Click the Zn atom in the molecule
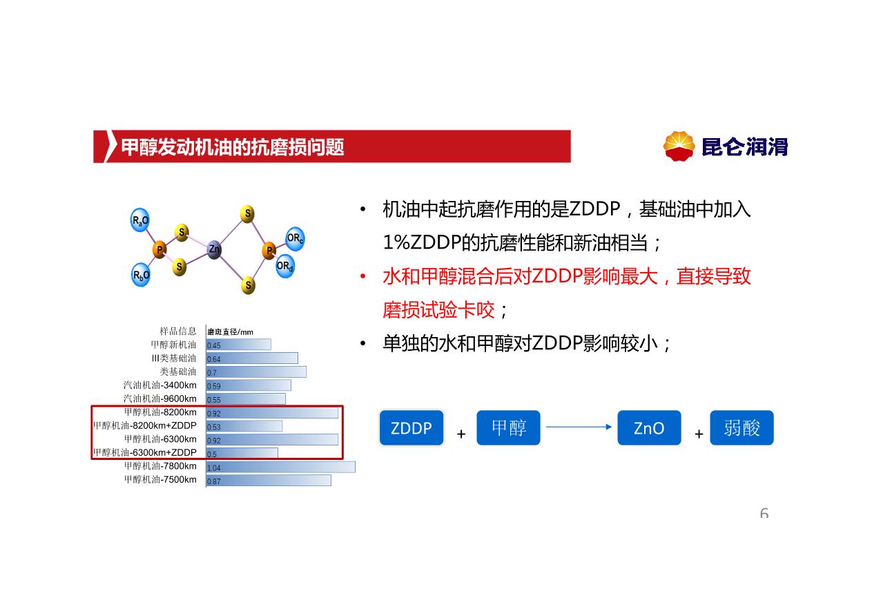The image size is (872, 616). pos(214,249)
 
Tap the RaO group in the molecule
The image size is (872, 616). pos(140,220)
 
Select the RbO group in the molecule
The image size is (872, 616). pos(141,275)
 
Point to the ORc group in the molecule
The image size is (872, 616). pos(295,238)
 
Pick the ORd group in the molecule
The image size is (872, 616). pos(284,266)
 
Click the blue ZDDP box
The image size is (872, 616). pos(411,427)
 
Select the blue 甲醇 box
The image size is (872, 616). pos(508,427)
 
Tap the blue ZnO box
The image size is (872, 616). pos(649,427)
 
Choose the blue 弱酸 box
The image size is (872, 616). pos(742,427)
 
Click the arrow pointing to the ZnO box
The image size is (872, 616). pos(579,427)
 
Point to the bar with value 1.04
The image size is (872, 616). pos(281,467)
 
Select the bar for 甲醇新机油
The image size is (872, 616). pos(239,344)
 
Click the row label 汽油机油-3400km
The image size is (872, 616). pos(160,385)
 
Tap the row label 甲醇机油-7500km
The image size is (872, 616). pos(160,479)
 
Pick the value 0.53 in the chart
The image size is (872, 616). pos(214,427)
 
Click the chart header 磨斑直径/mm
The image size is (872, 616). pos(230,331)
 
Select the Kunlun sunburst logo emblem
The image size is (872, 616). pos(679,146)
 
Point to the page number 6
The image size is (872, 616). pos(764,513)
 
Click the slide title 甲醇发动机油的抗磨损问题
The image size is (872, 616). pos(233,147)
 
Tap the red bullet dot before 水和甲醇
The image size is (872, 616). pos(362,276)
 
